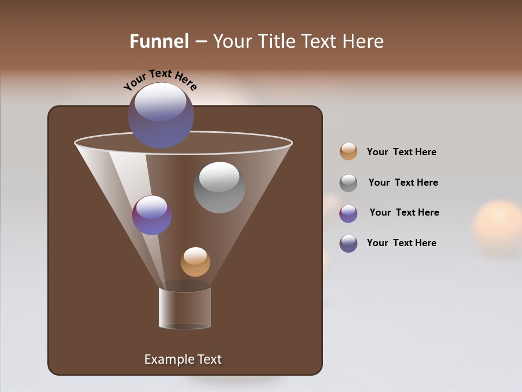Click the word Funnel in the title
(x=159, y=41)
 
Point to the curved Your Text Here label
(x=160, y=79)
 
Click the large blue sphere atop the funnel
(x=161, y=115)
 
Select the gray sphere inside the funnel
(x=220, y=187)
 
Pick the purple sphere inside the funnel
(x=152, y=215)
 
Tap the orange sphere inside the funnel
(x=195, y=262)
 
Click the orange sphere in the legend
(x=349, y=152)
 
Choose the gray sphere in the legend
(x=349, y=183)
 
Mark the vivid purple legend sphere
(x=349, y=213)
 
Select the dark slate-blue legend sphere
(x=349, y=243)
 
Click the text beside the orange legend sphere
(x=401, y=152)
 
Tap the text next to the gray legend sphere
(x=403, y=182)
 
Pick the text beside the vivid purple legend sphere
(x=404, y=212)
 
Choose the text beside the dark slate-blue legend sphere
(x=401, y=243)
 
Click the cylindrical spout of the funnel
(x=185, y=308)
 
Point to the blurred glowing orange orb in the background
(x=498, y=224)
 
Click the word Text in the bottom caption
(x=206, y=359)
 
